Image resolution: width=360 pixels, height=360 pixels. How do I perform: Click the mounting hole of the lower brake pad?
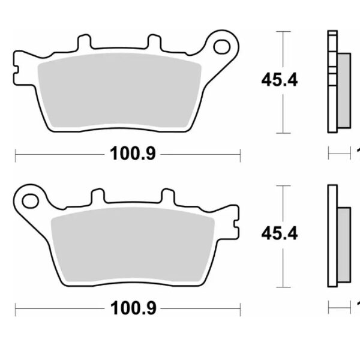(28, 197)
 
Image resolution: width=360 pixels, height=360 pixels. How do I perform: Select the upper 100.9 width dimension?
(133, 154)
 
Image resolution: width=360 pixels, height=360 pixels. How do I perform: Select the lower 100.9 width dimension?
(133, 309)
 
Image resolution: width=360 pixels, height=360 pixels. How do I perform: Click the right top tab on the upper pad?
(154, 43)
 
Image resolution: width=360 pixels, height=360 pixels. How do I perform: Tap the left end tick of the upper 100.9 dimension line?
(15, 154)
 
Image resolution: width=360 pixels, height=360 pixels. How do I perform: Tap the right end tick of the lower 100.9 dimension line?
(240, 309)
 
